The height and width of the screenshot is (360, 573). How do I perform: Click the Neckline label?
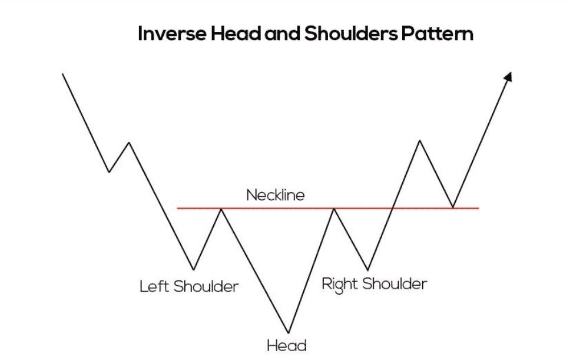pos(276,195)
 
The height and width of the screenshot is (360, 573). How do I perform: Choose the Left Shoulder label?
pos(189,287)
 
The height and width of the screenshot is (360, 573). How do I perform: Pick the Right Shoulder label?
pos(374,284)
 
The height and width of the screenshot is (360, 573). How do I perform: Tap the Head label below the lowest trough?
pos(287,344)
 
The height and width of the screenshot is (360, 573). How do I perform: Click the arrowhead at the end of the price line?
pos(508,75)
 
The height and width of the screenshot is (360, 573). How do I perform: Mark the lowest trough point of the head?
pos(288,332)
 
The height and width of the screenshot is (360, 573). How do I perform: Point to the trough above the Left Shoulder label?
pos(193,269)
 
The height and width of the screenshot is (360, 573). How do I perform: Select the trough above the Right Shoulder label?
pos(368,270)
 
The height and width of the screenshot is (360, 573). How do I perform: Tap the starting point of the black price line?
pos(62,74)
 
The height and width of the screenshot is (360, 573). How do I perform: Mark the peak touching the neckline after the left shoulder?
pos(221,209)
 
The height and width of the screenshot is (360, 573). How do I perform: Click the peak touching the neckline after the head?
pos(333,209)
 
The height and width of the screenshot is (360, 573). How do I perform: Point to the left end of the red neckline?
pos(177,209)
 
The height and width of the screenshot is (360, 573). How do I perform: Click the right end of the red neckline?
pos(478,209)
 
